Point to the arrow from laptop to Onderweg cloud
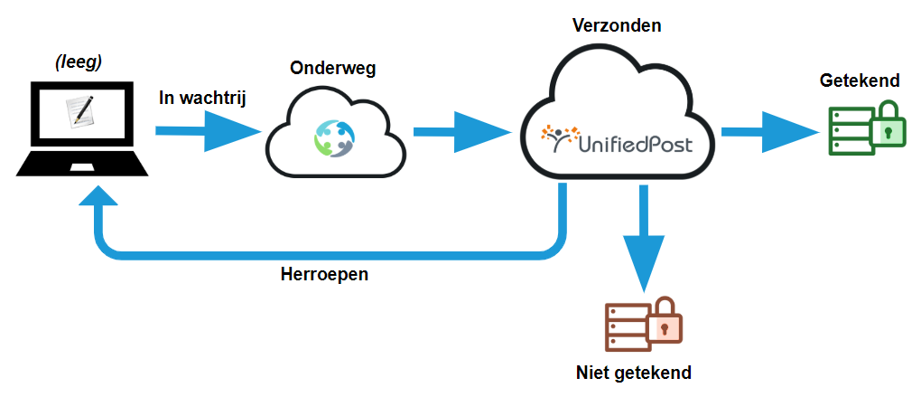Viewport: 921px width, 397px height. point(204,132)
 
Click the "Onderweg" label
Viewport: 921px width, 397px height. point(332,69)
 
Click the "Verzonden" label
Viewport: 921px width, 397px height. point(618,25)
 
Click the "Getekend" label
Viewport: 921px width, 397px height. point(860,80)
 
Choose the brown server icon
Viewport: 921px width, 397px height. point(628,326)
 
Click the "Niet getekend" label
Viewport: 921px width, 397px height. point(634,373)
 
